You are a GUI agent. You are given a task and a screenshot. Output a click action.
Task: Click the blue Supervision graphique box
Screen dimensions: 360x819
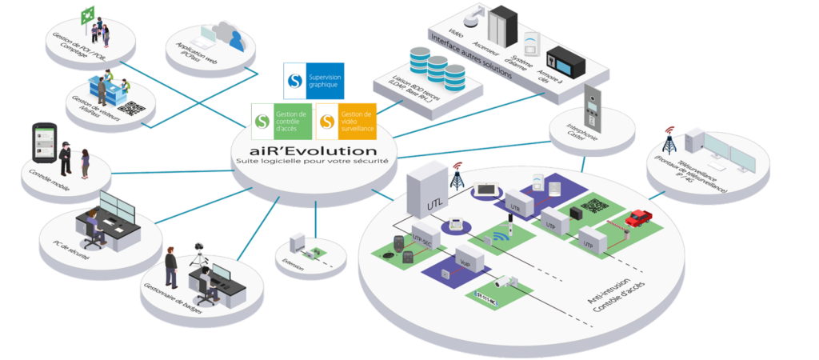point(314,81)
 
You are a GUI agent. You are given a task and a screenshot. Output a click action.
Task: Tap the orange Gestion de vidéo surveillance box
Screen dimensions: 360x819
point(346,121)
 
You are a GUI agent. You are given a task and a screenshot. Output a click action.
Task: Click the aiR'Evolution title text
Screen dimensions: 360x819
point(313,150)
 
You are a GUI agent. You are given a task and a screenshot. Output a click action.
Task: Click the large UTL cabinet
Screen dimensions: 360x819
point(425,190)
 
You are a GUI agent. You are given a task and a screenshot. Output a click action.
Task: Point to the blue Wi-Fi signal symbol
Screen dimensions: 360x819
point(503,237)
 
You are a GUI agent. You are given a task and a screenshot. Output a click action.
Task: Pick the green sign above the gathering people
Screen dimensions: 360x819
point(87,12)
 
